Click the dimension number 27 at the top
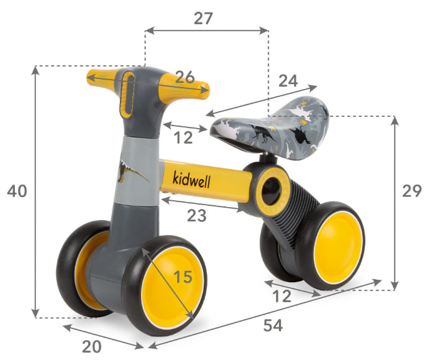[203, 18]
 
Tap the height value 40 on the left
[17, 191]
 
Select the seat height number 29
[411, 191]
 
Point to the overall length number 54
[273, 325]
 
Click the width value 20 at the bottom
[92, 347]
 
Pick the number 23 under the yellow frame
[197, 215]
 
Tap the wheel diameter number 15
[183, 277]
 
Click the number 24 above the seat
[288, 81]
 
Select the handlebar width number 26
[185, 77]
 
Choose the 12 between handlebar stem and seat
[183, 137]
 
